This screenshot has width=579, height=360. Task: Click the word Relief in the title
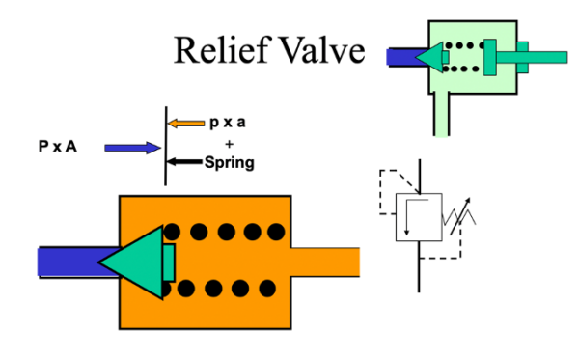(218, 50)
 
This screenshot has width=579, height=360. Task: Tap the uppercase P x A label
(59, 148)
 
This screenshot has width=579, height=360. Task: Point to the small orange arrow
(185, 124)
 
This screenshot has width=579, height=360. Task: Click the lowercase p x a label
(229, 124)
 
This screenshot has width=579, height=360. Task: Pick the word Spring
(229, 162)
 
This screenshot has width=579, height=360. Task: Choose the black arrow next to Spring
(185, 162)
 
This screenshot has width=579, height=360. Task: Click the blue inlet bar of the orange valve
(68, 262)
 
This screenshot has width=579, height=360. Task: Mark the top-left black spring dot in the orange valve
(172, 232)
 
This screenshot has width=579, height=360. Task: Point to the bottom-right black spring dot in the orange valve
(276, 288)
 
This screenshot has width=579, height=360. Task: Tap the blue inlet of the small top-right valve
(400, 57)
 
